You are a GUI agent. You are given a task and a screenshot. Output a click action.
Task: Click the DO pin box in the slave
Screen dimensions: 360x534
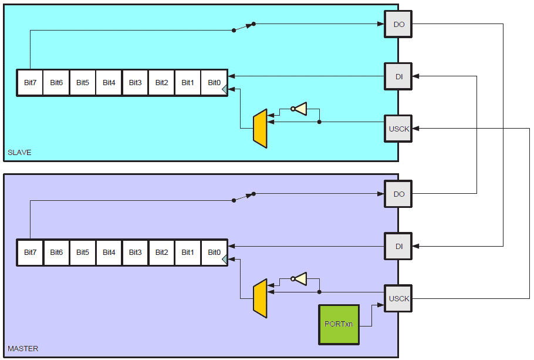tap(399, 24)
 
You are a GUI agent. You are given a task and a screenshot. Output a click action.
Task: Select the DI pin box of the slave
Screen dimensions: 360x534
tap(399, 76)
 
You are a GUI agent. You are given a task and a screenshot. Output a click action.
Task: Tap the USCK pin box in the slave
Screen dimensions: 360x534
tap(399, 129)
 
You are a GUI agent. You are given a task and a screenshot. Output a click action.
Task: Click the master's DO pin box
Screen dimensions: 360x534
tap(399, 194)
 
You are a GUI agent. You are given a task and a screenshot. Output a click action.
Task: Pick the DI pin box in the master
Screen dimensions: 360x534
tap(399, 246)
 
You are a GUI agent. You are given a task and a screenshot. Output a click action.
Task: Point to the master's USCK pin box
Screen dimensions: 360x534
tap(399, 298)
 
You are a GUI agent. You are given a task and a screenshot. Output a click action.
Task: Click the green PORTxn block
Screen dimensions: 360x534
tap(339, 324)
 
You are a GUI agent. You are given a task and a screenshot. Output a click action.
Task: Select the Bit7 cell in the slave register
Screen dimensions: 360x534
tap(30, 83)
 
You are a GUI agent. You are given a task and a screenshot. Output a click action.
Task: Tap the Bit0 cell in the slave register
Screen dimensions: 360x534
tap(214, 83)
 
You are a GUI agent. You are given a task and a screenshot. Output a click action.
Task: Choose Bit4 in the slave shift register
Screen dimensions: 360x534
tap(109, 83)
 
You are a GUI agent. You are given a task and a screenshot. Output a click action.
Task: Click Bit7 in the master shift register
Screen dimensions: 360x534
tap(30, 253)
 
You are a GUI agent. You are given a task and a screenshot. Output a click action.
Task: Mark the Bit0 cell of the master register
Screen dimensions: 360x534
tap(214, 253)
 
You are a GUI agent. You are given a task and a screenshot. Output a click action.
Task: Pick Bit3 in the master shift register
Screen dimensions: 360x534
tap(135, 253)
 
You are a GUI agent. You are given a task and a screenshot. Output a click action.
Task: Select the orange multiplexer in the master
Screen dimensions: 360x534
tap(260, 298)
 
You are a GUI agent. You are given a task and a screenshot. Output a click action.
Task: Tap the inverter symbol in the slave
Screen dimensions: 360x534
tap(300, 109)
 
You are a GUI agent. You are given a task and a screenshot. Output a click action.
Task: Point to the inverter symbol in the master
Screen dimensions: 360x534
tap(300, 278)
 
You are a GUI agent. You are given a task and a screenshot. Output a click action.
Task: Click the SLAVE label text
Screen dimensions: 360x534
tap(19, 153)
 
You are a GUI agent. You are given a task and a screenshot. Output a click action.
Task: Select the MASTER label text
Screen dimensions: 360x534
tap(23, 349)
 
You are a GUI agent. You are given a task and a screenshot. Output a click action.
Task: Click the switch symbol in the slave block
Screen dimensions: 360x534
tap(244, 27)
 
